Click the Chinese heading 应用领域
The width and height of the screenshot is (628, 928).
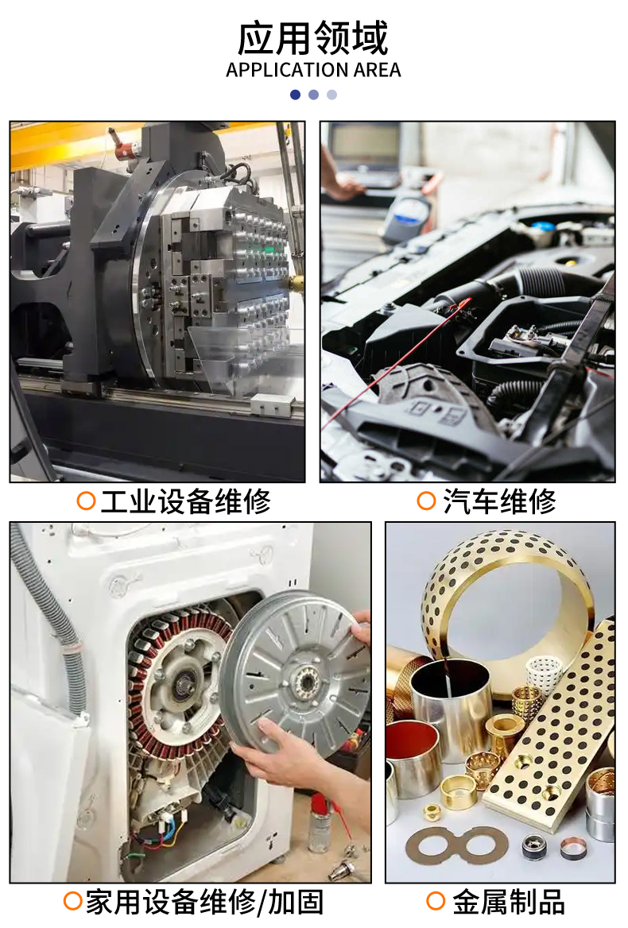[x=312, y=38]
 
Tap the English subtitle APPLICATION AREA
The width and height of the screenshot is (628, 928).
[x=313, y=70]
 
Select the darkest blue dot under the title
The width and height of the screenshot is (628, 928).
[x=296, y=95]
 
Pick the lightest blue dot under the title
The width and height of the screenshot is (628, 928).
[x=332, y=95]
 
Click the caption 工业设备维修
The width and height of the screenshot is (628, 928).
[x=185, y=501]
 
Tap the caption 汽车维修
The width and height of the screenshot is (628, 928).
[x=499, y=501]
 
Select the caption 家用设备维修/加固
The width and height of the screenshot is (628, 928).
[x=205, y=903]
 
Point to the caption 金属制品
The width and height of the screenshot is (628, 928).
[x=509, y=903]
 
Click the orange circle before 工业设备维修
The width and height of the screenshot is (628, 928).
[x=87, y=501]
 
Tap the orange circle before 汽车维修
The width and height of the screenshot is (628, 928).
[x=427, y=501]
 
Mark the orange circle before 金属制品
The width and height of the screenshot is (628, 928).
[x=436, y=901]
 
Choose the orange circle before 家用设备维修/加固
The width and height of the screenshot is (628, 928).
[x=73, y=901]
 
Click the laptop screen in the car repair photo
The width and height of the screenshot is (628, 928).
[x=365, y=144]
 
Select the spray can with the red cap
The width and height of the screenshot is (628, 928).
[x=321, y=823]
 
